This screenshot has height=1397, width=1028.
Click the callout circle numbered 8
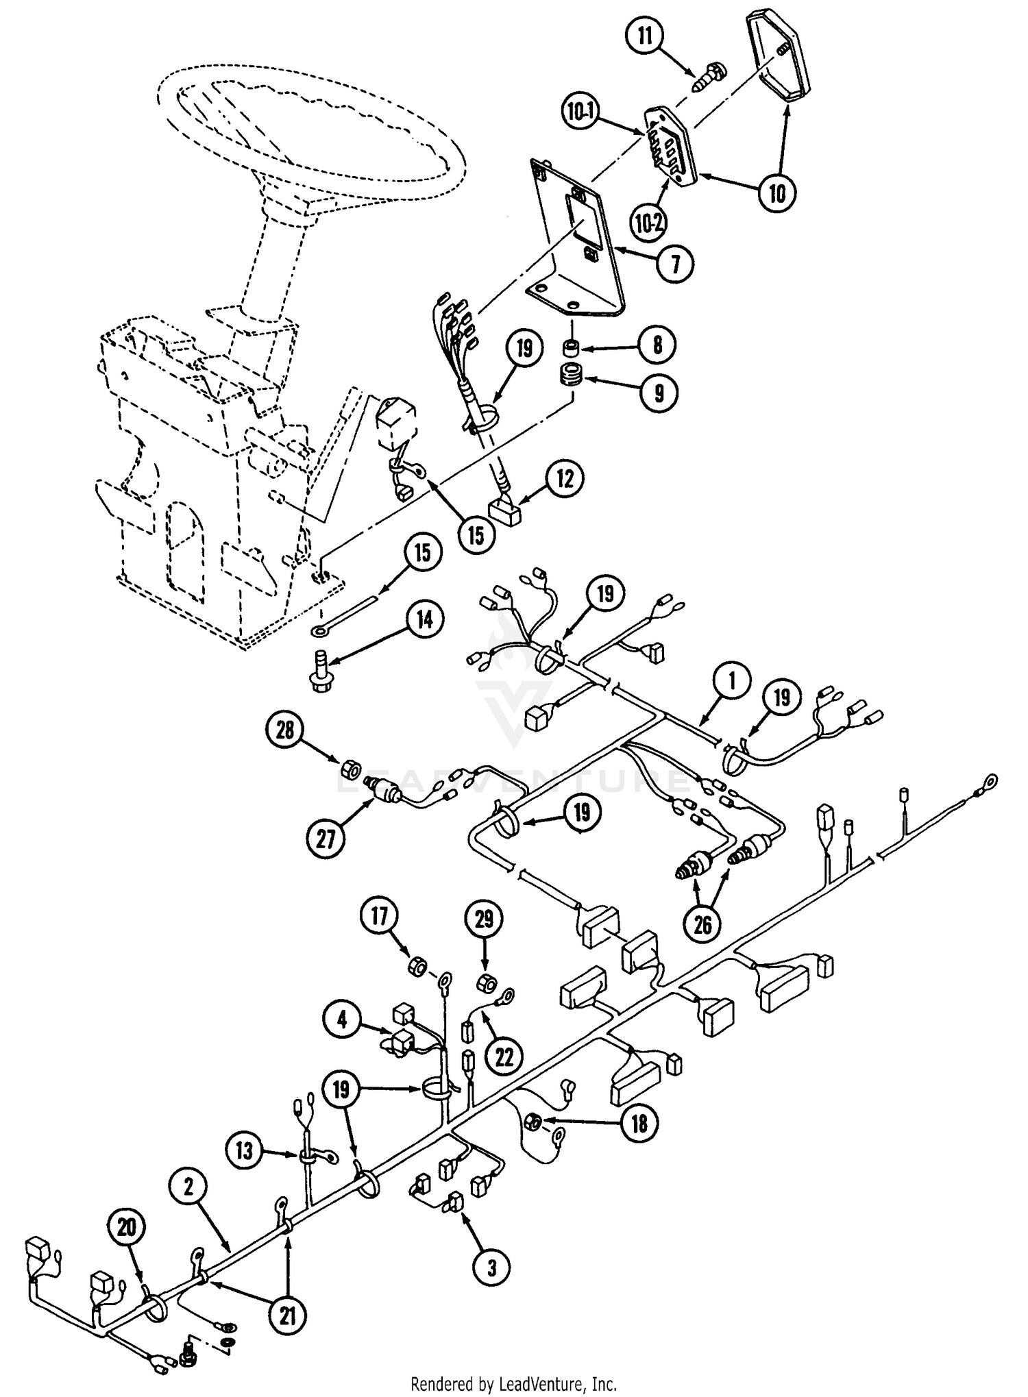point(657,345)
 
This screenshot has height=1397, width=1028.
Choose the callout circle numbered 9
point(658,393)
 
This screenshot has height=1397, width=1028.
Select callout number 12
point(565,479)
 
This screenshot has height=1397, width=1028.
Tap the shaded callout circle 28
point(285,730)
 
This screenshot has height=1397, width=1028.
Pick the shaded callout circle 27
point(325,838)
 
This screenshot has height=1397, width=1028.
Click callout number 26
point(703,925)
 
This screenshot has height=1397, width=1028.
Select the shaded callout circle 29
point(484,918)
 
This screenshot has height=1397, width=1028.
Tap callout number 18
point(639,1123)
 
